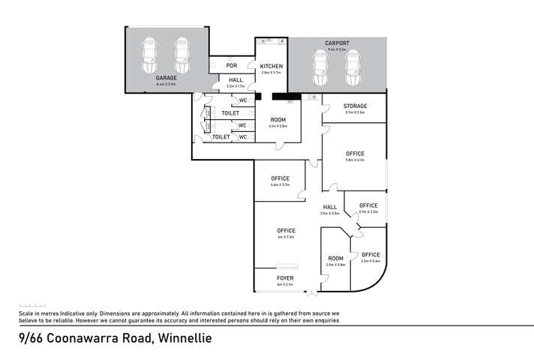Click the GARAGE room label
click(x=166, y=77)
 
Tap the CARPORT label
click(x=337, y=43)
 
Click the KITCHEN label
click(x=271, y=67)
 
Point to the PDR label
click(x=231, y=65)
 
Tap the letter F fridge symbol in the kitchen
click(x=282, y=41)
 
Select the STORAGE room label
click(x=355, y=106)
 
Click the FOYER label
click(x=285, y=278)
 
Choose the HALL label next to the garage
click(x=235, y=79)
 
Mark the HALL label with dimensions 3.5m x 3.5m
click(x=330, y=207)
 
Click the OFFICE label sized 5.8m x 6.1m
click(x=355, y=154)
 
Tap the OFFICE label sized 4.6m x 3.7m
click(x=280, y=178)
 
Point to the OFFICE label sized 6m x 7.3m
click(x=286, y=230)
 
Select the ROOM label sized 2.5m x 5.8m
click(x=335, y=259)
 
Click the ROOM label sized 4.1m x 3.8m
click(x=278, y=120)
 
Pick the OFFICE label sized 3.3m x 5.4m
click(x=370, y=255)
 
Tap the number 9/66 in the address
click(x=31, y=338)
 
